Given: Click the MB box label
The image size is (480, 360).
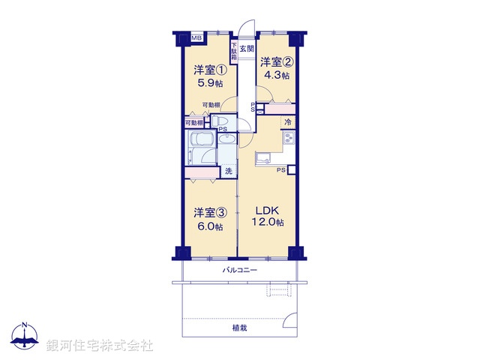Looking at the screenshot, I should point(196,37).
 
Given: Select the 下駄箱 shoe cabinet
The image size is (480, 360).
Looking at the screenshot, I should point(234,52).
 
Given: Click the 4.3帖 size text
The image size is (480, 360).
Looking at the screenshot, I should point(275,75).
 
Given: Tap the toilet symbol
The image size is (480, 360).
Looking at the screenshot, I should point(222,122).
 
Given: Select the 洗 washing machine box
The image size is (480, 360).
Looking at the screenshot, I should point(229,172).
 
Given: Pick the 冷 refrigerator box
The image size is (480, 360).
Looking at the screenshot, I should point(288,121).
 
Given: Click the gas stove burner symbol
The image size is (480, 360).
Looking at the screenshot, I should point(289,138).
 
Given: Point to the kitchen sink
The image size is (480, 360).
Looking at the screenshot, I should point(264,157).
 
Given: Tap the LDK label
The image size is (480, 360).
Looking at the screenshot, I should point(267,209).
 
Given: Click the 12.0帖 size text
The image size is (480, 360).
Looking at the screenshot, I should point(267,223).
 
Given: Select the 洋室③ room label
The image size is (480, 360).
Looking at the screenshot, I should point(209,212).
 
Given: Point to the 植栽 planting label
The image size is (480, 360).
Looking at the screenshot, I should point(240,328).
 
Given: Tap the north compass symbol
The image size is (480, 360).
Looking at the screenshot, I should point(25,336).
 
